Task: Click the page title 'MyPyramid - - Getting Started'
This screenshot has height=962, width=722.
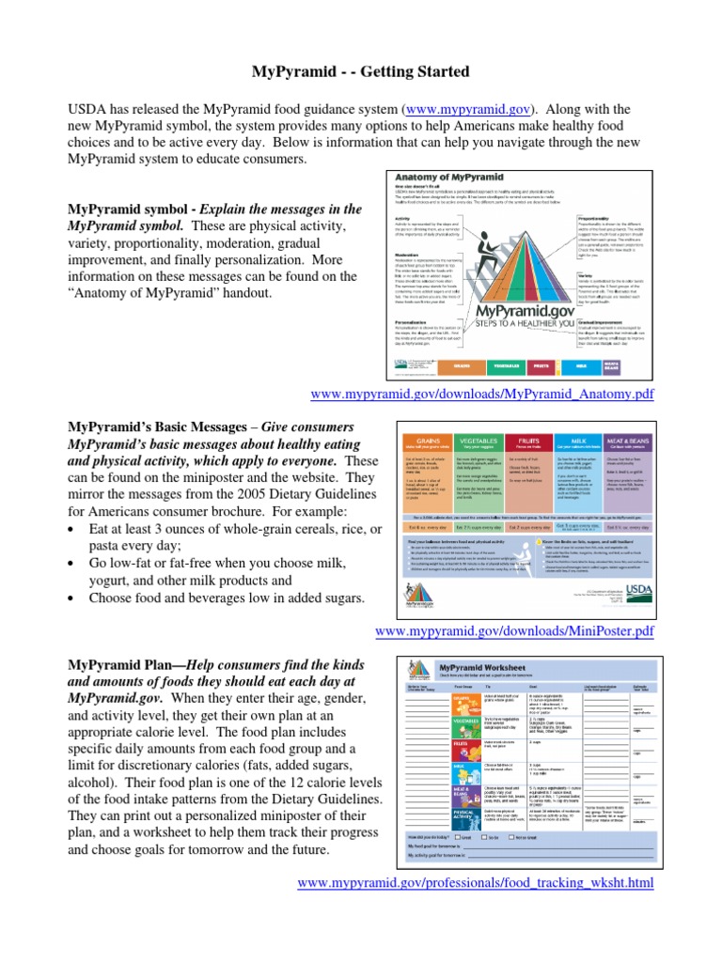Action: pos(360,72)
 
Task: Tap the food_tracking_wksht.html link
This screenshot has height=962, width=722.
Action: pos(475,883)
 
